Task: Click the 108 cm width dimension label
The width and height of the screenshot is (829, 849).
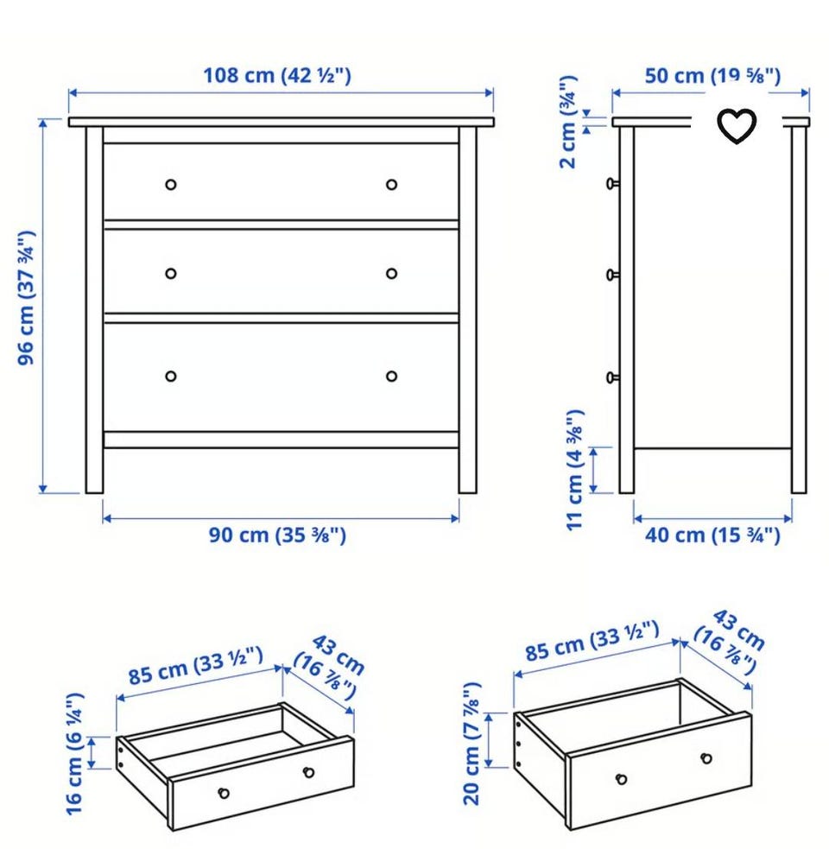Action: (276, 75)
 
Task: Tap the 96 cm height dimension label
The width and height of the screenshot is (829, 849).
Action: (27, 298)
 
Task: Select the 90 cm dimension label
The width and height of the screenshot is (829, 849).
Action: (277, 535)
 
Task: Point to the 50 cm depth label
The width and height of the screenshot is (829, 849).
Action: (712, 75)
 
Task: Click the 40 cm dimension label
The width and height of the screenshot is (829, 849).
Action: (712, 535)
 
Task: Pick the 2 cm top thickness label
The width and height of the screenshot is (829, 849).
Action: (568, 122)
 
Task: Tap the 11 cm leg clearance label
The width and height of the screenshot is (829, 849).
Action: (574, 470)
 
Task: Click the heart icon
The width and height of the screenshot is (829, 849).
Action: (737, 125)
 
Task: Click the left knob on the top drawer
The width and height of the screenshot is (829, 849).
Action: (171, 185)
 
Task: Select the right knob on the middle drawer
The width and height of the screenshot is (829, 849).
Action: (391, 274)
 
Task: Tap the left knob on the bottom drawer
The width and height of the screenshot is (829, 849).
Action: (171, 376)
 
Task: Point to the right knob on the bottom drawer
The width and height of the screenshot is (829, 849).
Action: (391, 376)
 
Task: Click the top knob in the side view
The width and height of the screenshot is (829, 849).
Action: (612, 184)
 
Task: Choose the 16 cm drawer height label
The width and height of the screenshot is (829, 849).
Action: (74, 753)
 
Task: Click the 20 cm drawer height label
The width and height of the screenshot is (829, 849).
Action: (471, 744)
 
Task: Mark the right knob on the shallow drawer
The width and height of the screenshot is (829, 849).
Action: (308, 772)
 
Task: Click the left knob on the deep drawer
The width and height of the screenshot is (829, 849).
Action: (622, 779)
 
